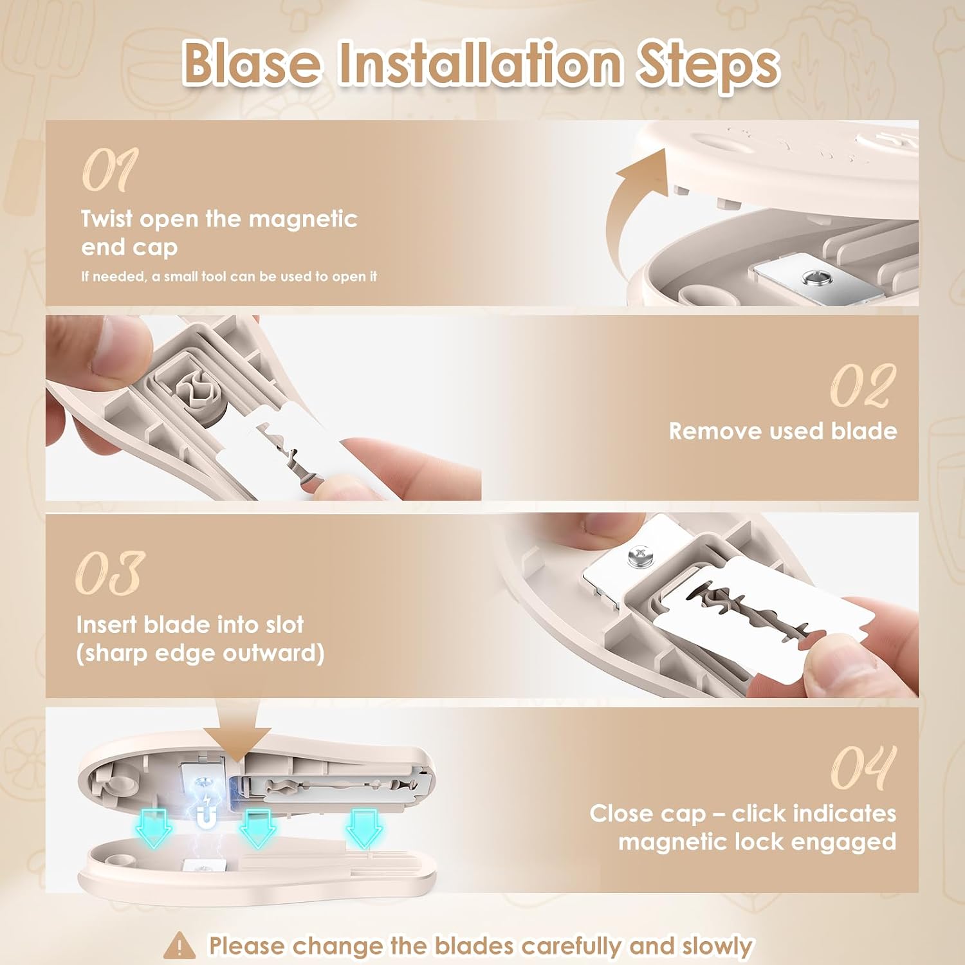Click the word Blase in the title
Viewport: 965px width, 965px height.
coord(251,64)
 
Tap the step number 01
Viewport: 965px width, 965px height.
coord(110,170)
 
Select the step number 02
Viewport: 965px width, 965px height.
coord(862,385)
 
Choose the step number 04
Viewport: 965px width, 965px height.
coord(863,767)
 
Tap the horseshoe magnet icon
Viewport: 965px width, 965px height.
coord(206,818)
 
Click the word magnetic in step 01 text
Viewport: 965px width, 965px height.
coord(303,219)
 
